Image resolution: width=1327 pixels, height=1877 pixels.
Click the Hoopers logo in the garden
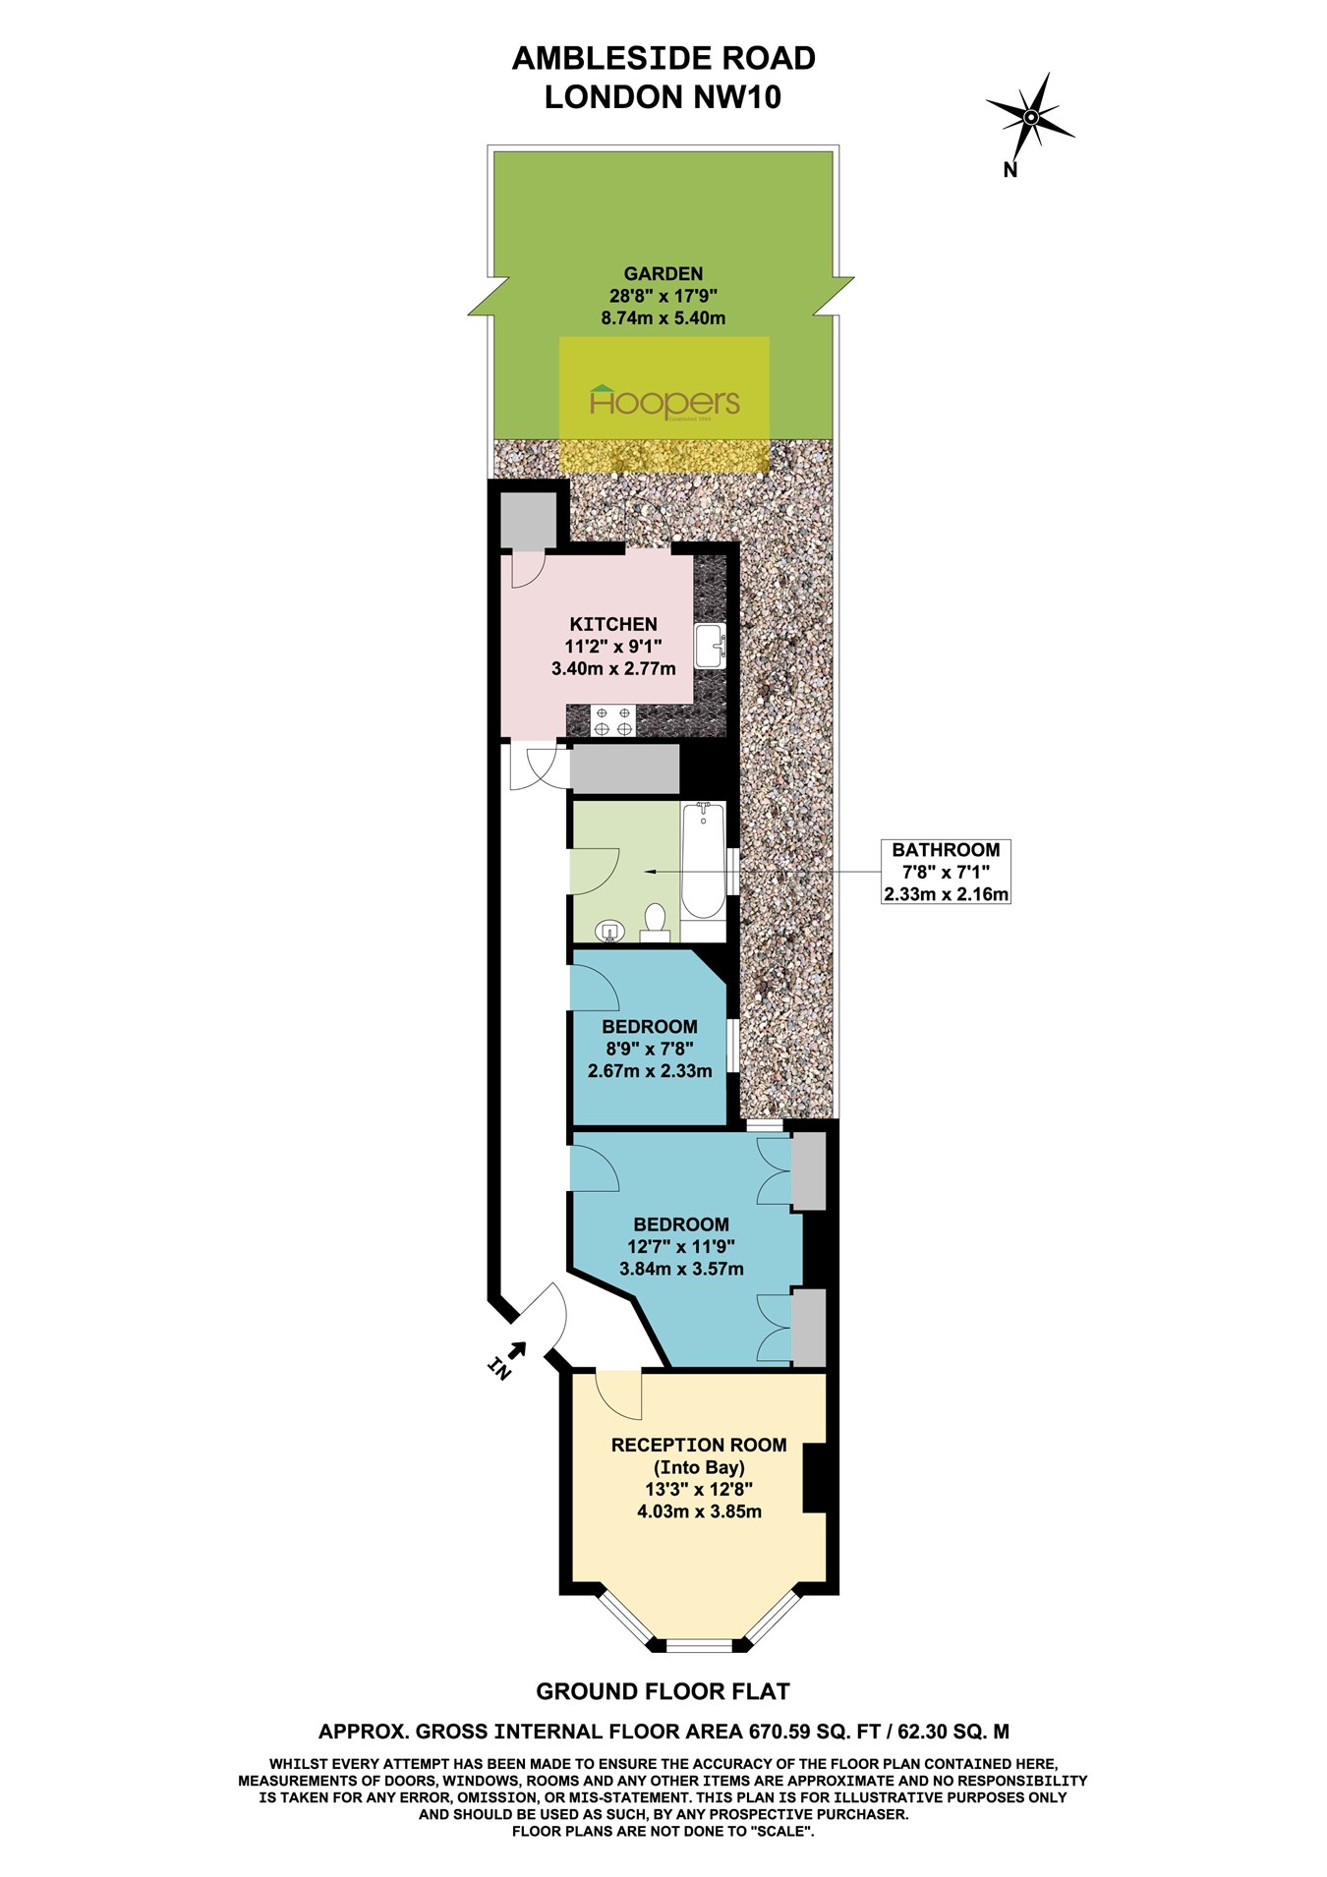[x=664, y=402]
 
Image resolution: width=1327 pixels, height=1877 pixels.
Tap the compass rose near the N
[x=1030, y=118]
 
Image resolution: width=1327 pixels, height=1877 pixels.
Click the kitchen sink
[x=709, y=647]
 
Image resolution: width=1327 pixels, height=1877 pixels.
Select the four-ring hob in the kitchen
[x=612, y=720]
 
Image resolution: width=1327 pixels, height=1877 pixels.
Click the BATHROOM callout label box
[x=946, y=872]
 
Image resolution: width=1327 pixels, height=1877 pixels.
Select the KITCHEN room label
[x=613, y=624]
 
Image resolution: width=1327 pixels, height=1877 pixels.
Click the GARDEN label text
[x=663, y=274]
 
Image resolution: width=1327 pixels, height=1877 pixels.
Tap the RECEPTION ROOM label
[x=699, y=1445]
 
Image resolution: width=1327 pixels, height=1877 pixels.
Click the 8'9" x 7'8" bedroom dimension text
[x=650, y=1049]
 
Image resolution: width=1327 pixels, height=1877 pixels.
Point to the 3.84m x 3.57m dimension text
[x=681, y=1269]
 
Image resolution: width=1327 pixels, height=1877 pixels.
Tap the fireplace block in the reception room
[x=815, y=1478]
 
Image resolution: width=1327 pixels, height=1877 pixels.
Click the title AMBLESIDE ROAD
[x=663, y=59]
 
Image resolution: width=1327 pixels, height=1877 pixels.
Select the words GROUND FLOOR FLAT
[x=663, y=1691]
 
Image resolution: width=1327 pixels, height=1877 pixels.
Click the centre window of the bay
[x=697, y=1644]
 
